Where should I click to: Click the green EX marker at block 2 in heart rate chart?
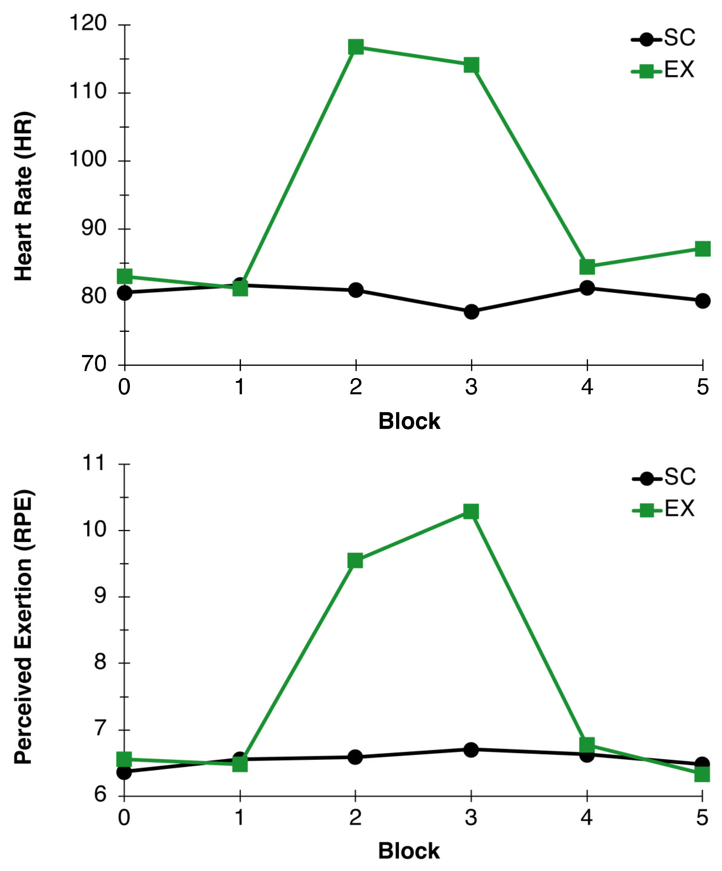coord(356,47)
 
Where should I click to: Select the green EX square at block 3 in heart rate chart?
coord(471,65)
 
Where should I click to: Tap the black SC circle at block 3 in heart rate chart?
coord(471,312)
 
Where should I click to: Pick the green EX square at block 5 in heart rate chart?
coord(702,249)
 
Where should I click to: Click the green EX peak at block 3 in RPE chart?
coord(471,511)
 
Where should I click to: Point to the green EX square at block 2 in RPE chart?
coord(355,561)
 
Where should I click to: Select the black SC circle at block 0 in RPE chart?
coord(124,772)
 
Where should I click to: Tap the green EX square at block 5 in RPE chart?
coord(702,774)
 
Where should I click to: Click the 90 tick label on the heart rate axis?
coord(94,228)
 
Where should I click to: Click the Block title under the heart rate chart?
coord(409,421)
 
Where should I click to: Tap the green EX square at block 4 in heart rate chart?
coord(587,267)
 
